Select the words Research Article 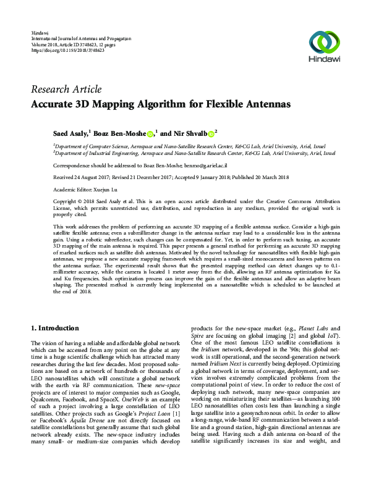point(66,90)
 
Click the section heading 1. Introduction point(55,328)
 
